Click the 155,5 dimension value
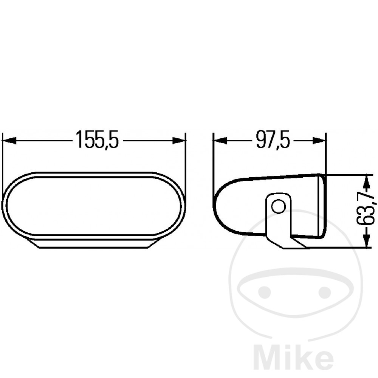click(x=97, y=139)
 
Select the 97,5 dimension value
click(x=273, y=139)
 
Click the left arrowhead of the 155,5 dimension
click(x=9, y=140)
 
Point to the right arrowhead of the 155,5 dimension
click(x=179, y=140)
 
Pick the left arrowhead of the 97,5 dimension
click(x=220, y=140)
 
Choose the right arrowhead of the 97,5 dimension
click(x=319, y=140)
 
